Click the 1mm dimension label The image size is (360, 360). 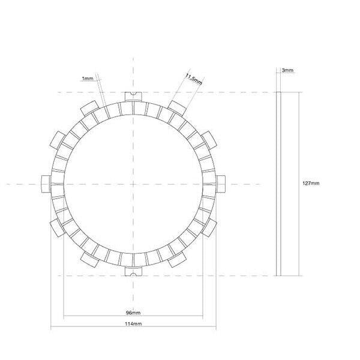(88, 79)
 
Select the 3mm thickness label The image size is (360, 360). (287, 71)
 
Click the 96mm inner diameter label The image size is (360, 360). (133, 314)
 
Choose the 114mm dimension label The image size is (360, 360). (133, 324)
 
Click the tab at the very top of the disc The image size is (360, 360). (133, 96)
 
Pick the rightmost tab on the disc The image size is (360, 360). (220, 183)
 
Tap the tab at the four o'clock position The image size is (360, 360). (209, 227)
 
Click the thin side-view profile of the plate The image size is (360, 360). (278, 183)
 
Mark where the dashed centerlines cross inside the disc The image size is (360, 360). (133, 183)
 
